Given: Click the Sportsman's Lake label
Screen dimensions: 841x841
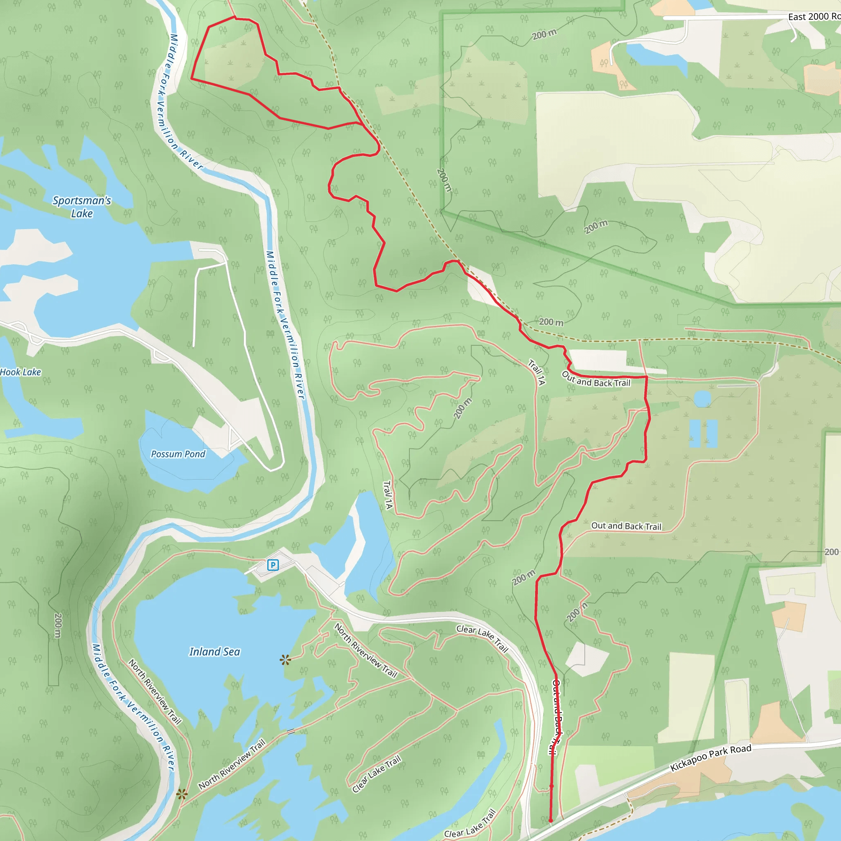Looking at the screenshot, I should (82, 207).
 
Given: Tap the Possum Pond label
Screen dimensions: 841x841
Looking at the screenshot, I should (178, 454).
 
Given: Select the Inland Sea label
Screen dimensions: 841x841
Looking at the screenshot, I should (215, 652).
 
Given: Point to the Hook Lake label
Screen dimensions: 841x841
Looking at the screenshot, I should (21, 372).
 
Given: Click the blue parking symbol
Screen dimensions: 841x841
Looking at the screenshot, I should (273, 565).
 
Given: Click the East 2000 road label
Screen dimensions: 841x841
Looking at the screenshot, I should (813, 16).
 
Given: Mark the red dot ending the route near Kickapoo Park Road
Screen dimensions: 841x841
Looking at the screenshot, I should (551, 820).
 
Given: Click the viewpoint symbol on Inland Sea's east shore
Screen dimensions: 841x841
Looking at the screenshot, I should (285, 660).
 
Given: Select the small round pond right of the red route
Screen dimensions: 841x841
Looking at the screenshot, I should (702, 398).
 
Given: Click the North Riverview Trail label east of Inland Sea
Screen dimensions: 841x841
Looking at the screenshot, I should (365, 650).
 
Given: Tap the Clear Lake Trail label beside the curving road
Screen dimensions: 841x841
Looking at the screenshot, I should (483, 638).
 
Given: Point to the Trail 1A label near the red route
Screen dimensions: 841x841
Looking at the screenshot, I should (537, 372).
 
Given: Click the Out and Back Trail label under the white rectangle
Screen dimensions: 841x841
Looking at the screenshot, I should (596, 379).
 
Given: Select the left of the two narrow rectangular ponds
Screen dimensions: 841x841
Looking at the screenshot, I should (695, 434).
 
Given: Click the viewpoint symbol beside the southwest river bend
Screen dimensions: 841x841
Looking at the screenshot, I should (182, 795).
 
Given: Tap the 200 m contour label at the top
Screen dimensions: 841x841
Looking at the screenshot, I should (544, 34).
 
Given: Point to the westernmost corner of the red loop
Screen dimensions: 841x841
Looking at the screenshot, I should (191, 79).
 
